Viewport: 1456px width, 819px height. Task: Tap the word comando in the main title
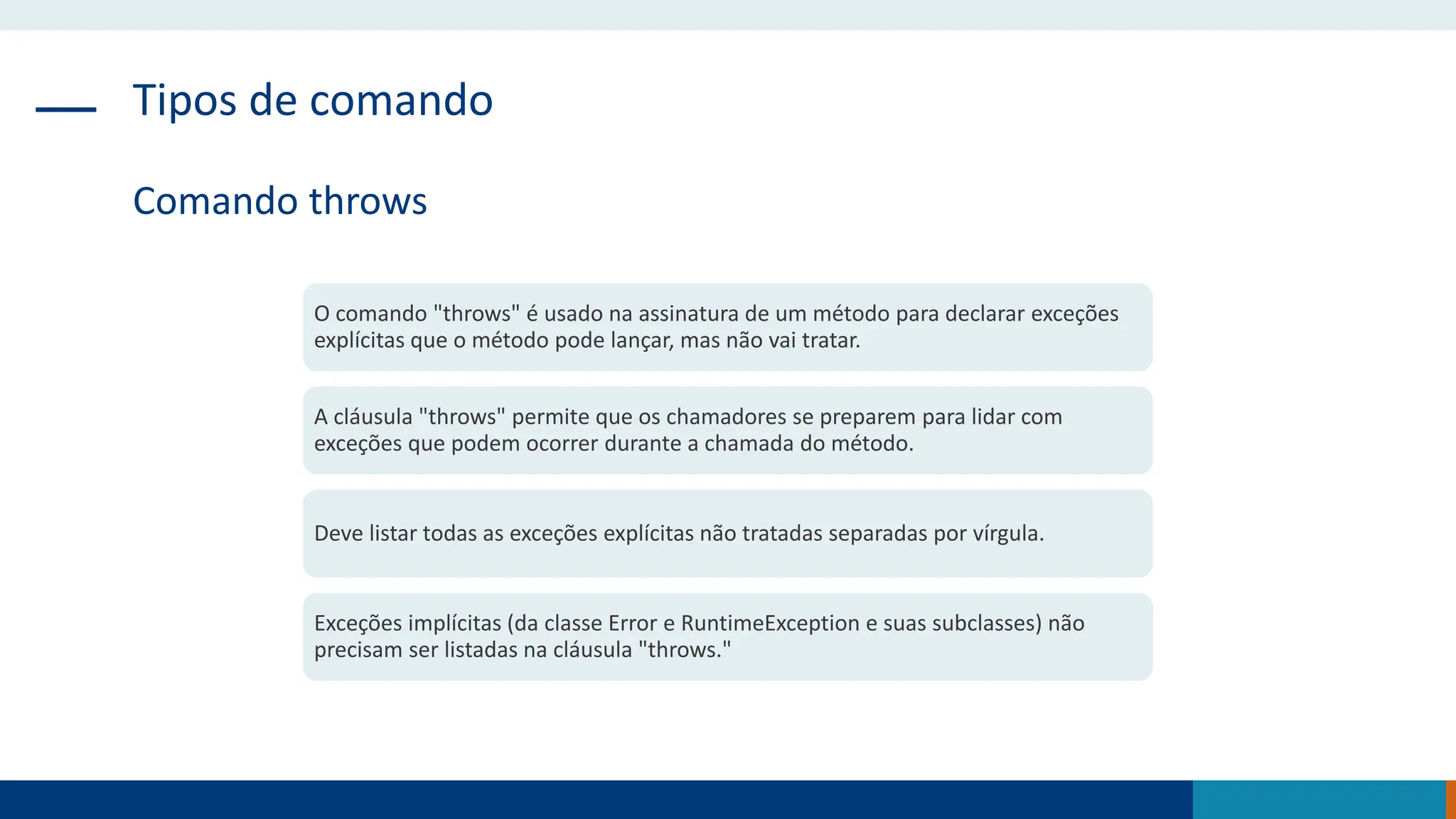401,100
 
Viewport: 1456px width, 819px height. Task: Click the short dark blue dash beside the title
65,109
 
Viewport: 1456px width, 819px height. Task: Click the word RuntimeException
770,623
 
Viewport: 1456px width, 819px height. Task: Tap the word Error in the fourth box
631,623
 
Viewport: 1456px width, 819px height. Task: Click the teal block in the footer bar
1319,800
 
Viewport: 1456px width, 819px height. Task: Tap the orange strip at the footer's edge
1451,800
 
